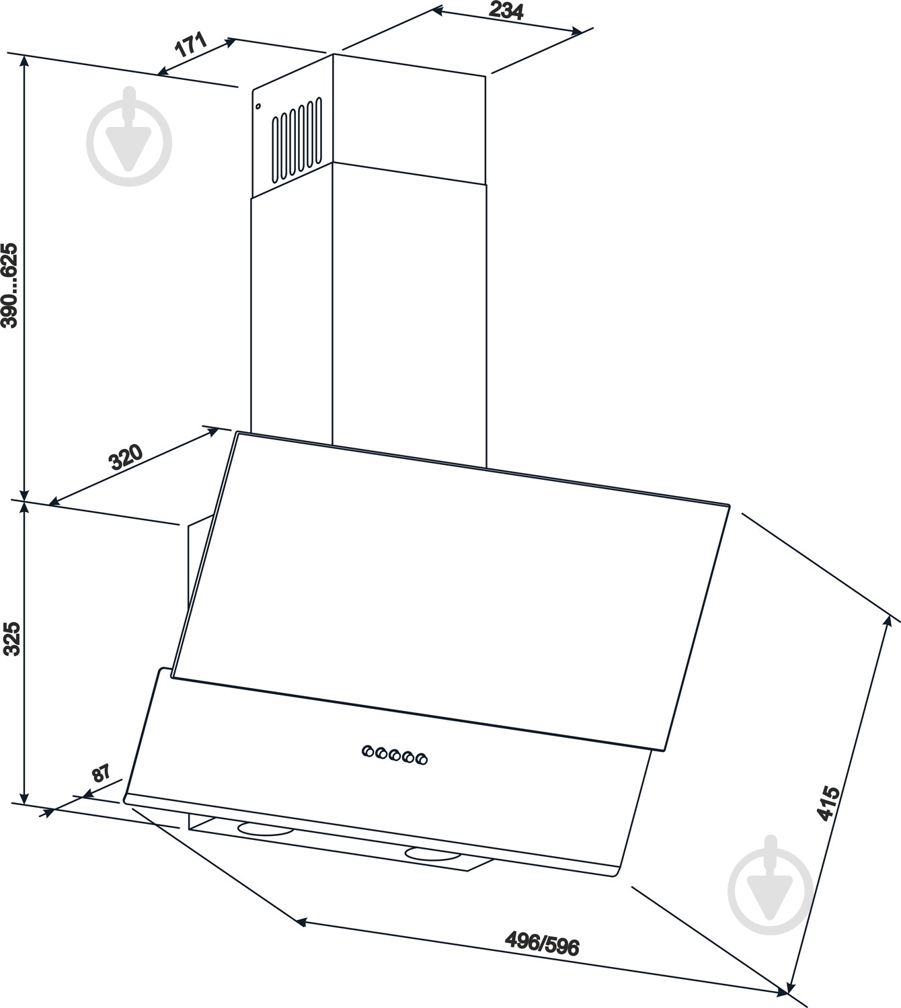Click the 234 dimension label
tap(506, 11)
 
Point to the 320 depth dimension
tap(126, 457)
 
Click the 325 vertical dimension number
tap(12, 639)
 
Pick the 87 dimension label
tap(100, 773)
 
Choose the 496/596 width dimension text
tap(542, 944)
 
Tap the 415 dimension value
tap(828, 802)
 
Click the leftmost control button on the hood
tap(368, 751)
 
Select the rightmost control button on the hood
tap(422, 759)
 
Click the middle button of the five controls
tap(395, 755)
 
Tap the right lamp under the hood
tap(431, 854)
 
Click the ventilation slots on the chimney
tap(297, 140)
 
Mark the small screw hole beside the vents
tap(258, 106)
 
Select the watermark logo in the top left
tap(129, 138)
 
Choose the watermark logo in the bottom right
tap(771, 886)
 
